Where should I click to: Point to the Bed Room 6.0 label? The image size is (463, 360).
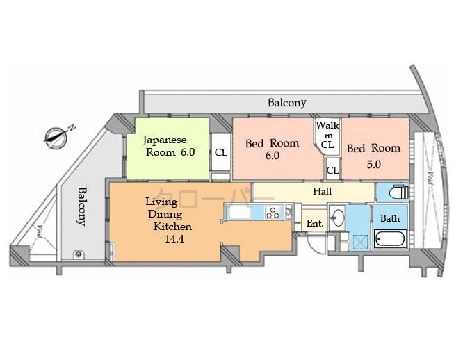272,149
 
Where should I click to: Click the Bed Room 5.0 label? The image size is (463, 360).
373,156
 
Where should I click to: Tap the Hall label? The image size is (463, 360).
322,191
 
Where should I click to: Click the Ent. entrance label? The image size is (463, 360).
315,224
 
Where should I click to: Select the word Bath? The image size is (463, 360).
390,218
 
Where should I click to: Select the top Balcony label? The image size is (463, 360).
287,103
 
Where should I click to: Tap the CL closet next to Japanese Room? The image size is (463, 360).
220,153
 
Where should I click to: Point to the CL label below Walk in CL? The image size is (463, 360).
333,170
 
